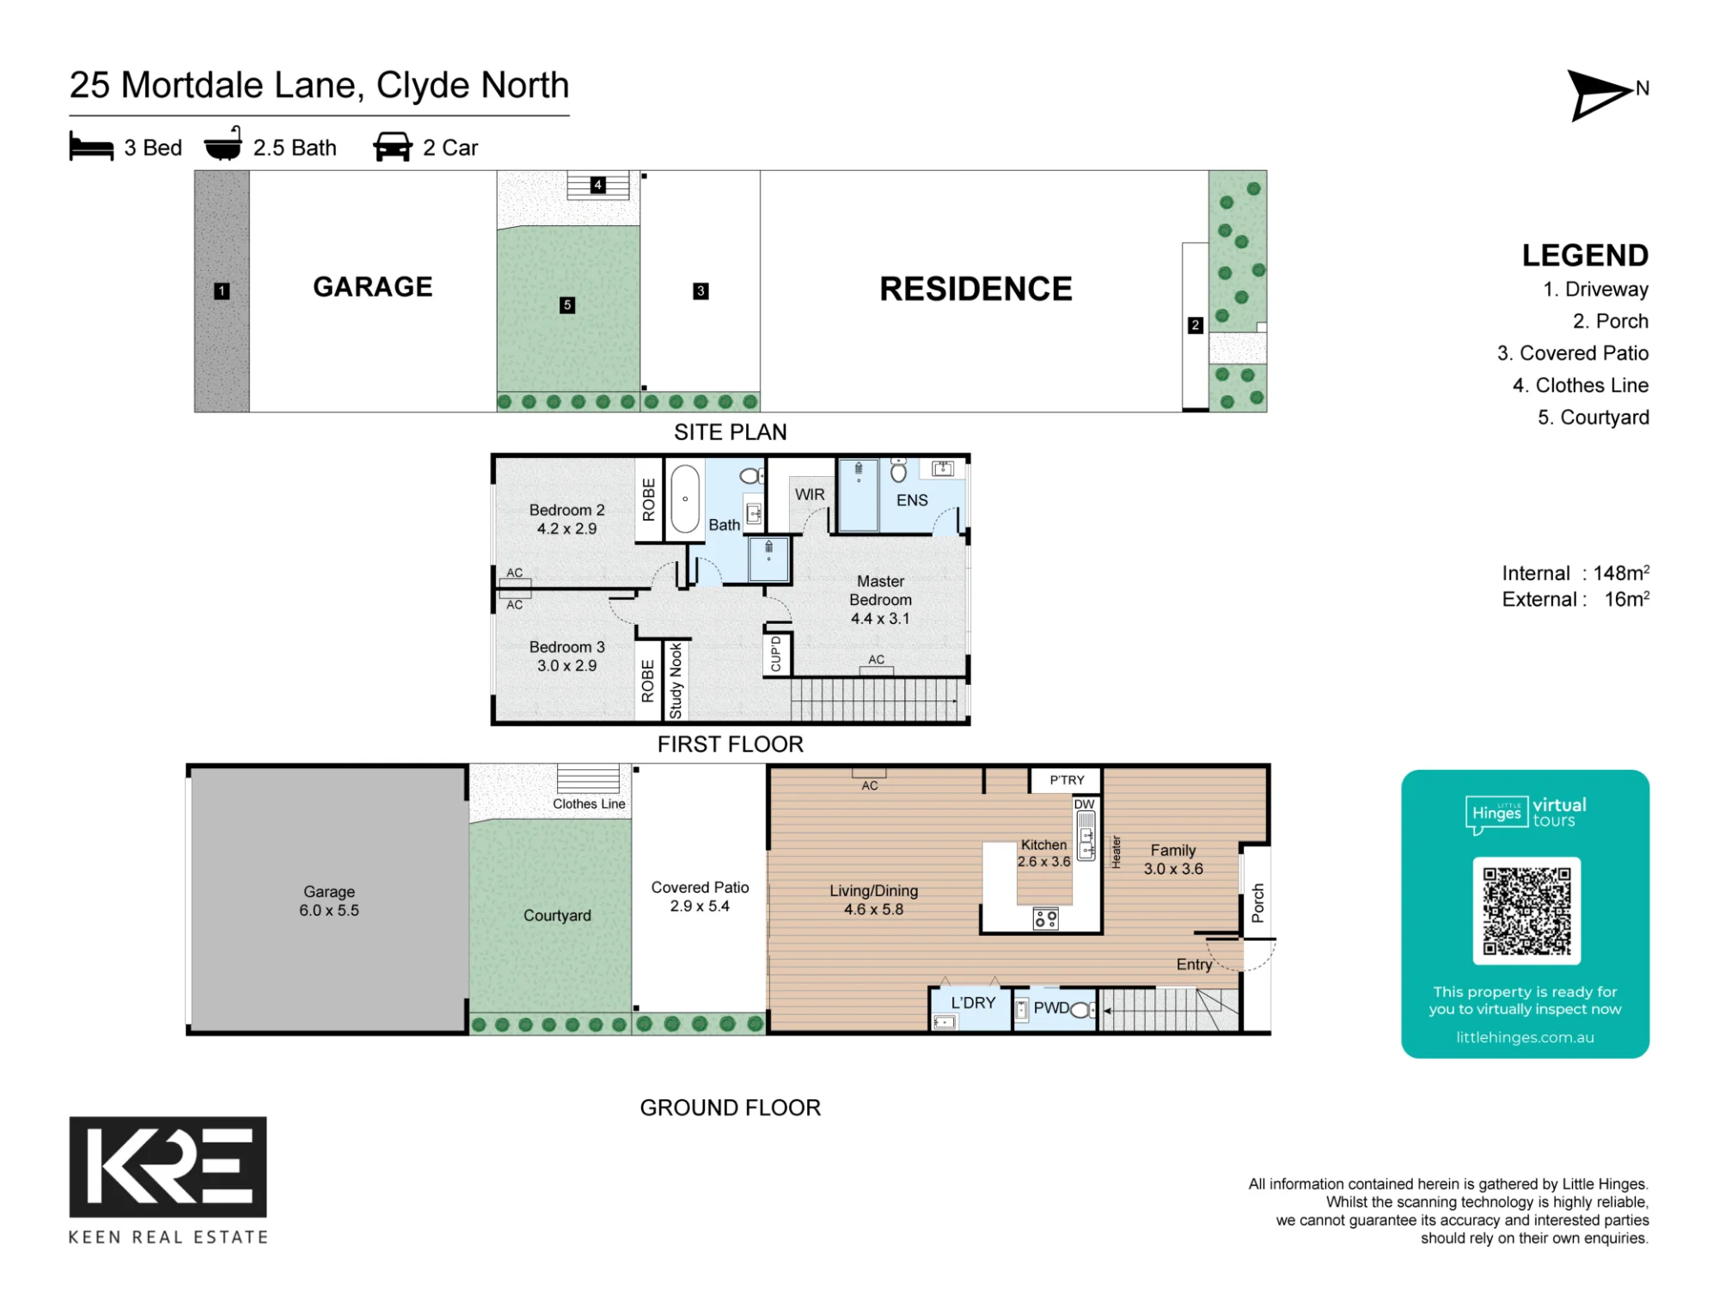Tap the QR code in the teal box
click(1526, 911)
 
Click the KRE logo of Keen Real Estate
click(168, 1167)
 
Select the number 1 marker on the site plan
click(222, 291)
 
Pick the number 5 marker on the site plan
click(567, 305)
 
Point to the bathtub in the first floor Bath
click(685, 499)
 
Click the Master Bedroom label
click(880, 600)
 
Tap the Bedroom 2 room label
click(566, 519)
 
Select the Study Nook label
click(676, 681)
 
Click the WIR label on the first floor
click(810, 494)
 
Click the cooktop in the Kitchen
click(1045, 919)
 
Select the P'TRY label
click(1067, 780)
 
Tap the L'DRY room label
click(973, 1003)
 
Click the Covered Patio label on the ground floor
click(700, 896)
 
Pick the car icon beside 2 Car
click(393, 146)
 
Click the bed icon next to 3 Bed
click(91, 146)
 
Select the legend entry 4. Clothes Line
click(1581, 385)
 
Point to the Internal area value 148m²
click(1621, 572)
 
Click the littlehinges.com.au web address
click(1525, 1037)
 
